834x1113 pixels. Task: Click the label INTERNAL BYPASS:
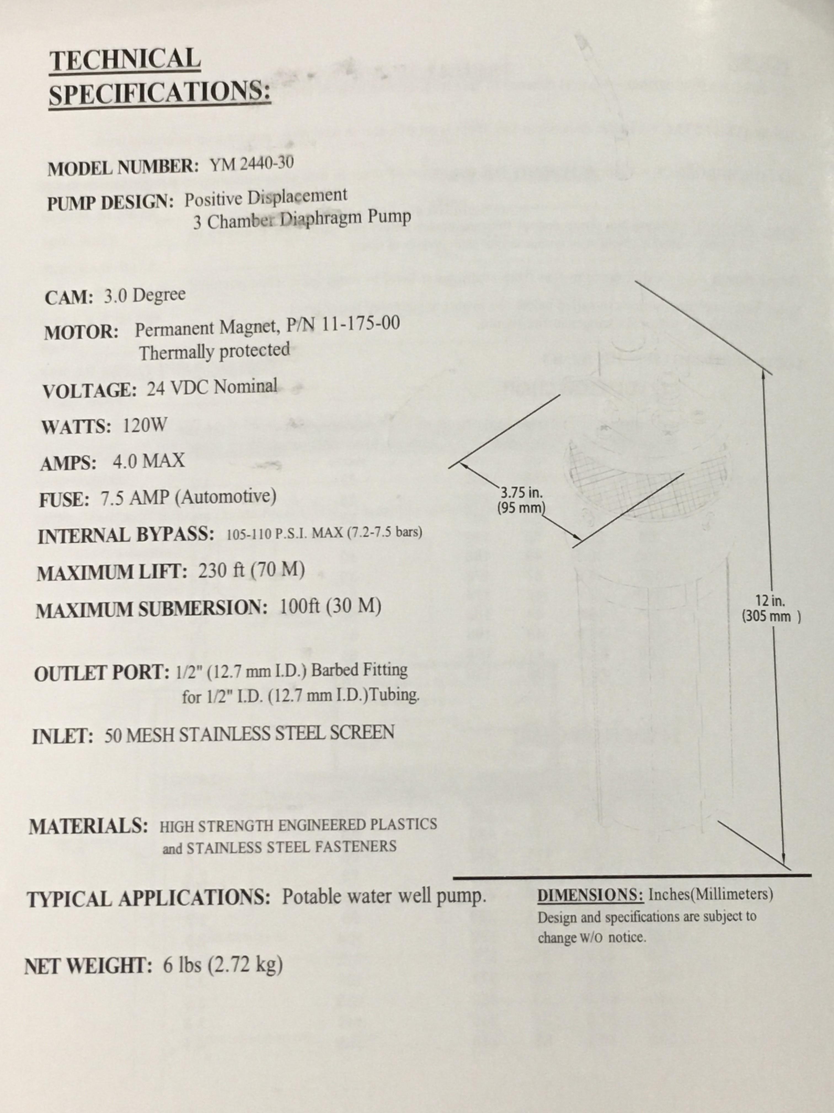tap(126, 535)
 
